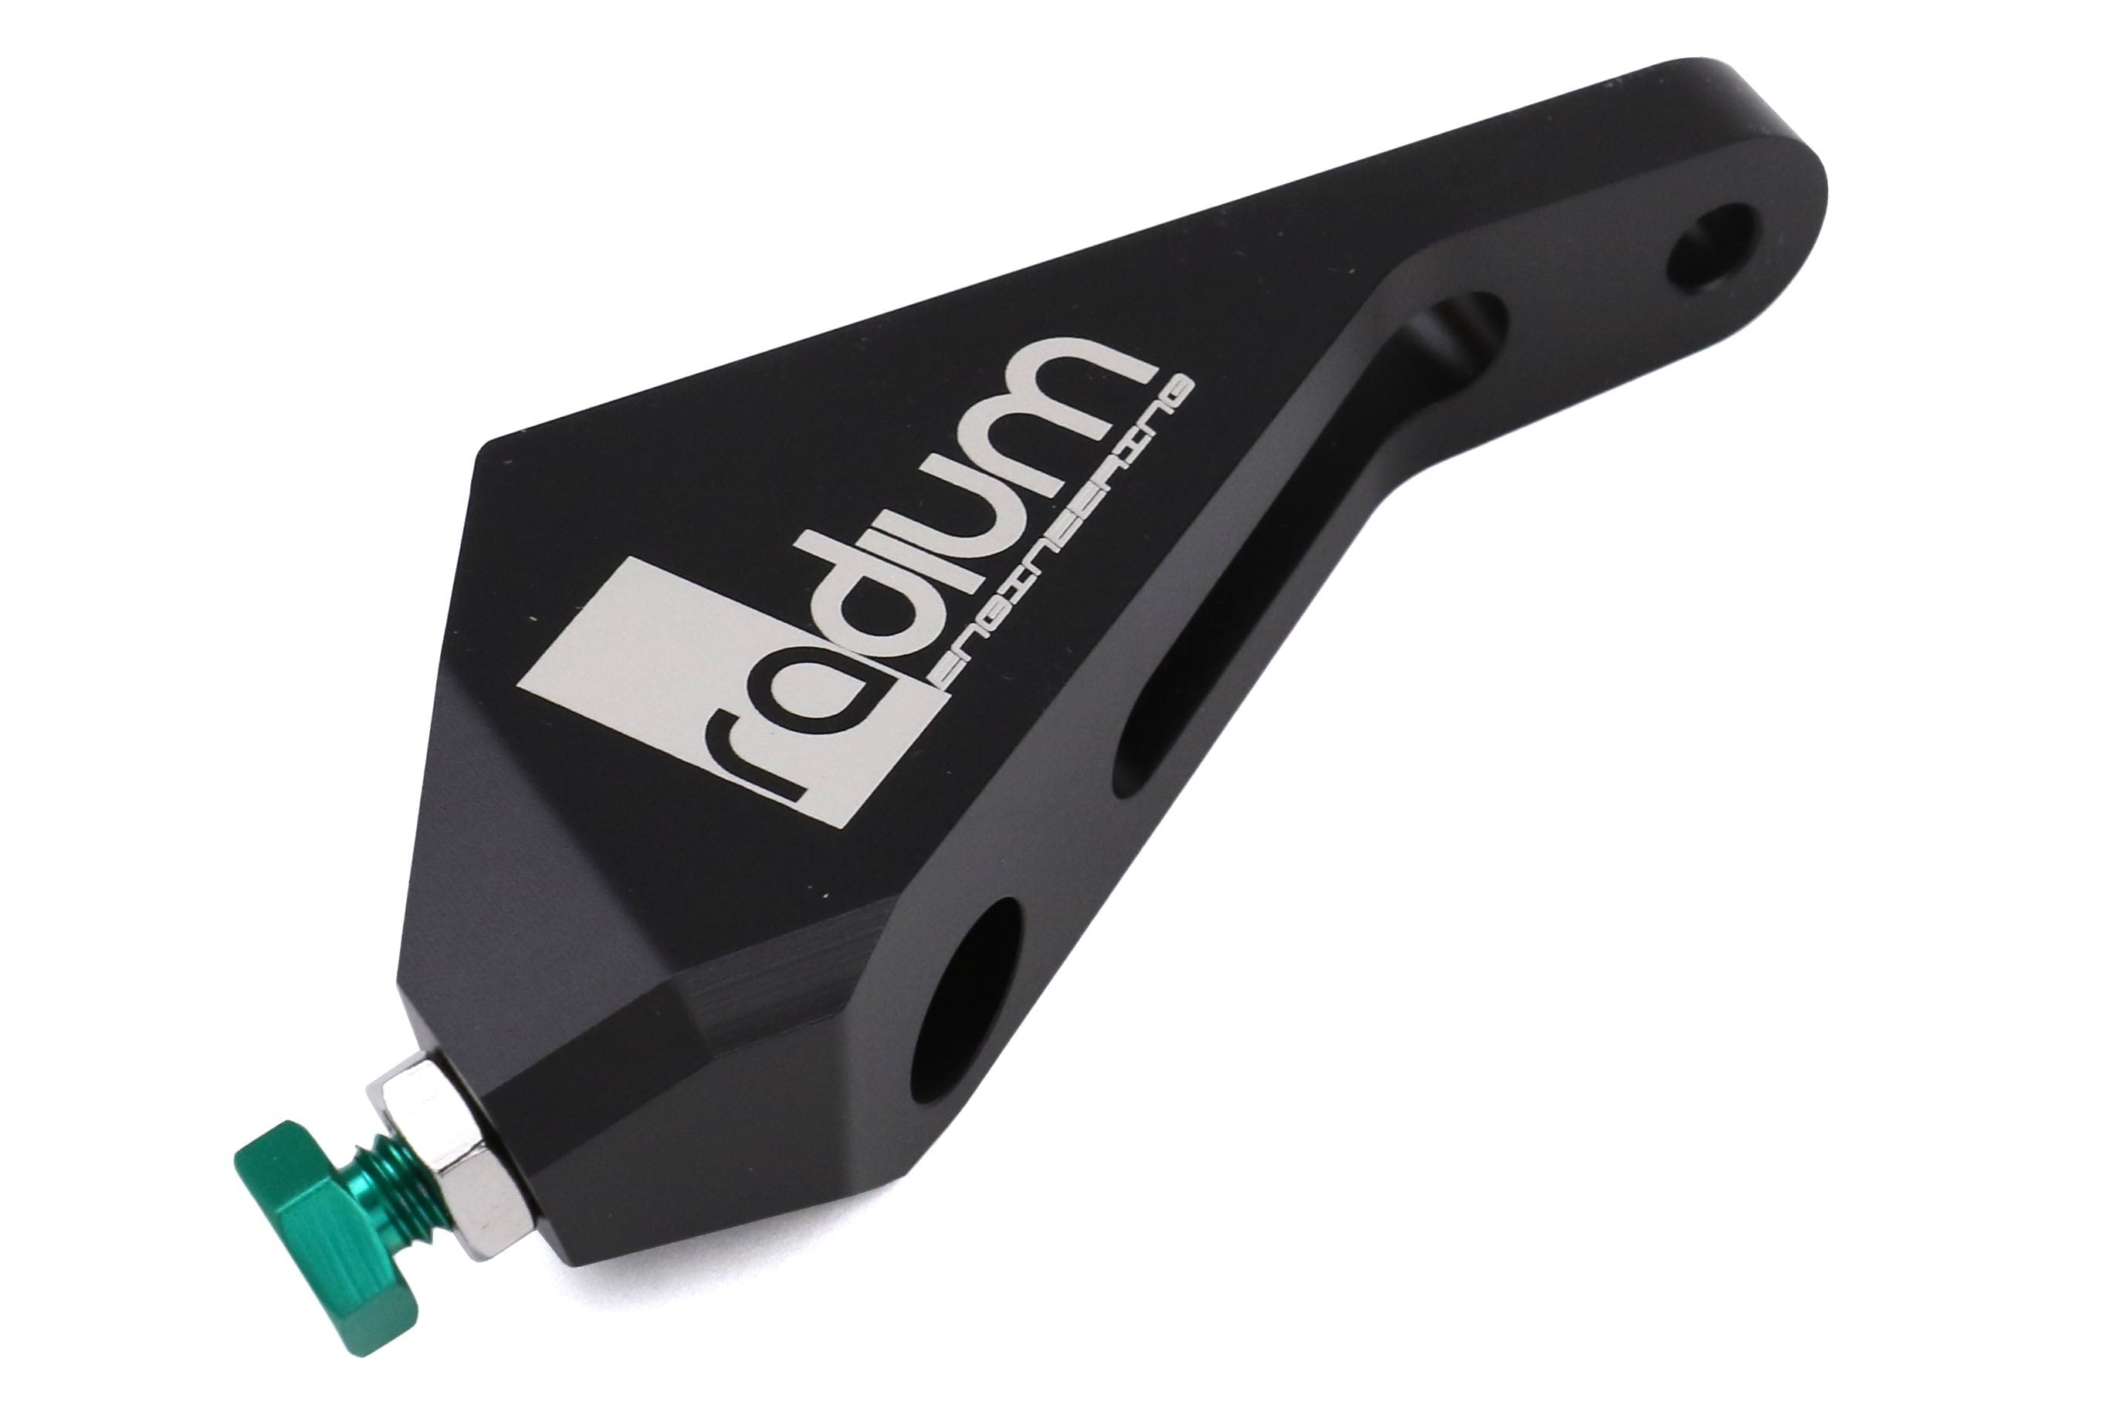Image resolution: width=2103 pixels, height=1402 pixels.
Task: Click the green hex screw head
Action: (x=289, y=1181)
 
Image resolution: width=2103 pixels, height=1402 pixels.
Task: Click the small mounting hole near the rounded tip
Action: (x=1713, y=247)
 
